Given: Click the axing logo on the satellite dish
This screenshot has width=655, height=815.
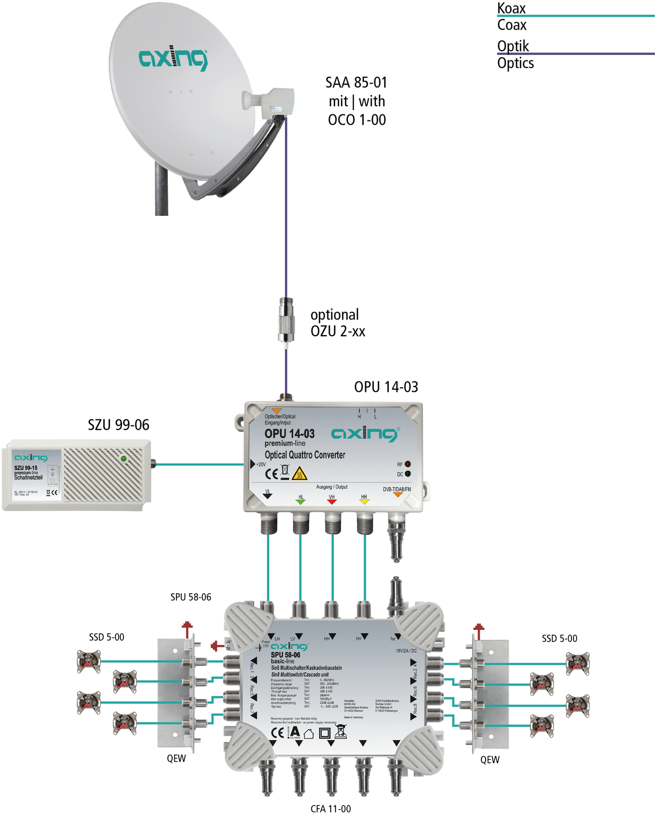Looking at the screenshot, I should click(x=173, y=58).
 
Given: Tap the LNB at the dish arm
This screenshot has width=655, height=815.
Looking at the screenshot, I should click(x=269, y=103).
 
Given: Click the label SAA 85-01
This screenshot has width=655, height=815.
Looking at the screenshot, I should click(x=356, y=83).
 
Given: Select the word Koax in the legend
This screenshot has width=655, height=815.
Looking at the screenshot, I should click(x=511, y=8).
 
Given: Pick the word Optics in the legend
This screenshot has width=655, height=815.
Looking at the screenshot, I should click(x=515, y=63).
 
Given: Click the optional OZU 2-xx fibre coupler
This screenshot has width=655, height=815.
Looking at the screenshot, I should click(x=285, y=321).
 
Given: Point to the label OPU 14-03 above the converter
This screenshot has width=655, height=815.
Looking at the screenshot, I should click(x=386, y=387).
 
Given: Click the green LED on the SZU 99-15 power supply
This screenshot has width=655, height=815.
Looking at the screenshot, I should click(x=124, y=459).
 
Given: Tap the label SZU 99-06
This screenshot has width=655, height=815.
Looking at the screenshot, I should click(x=118, y=425).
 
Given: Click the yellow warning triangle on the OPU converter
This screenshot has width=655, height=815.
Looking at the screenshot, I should click(x=299, y=474).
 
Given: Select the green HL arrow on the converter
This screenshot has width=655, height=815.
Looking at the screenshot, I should click(x=301, y=501).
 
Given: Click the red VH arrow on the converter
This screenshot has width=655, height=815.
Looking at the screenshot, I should click(x=332, y=501).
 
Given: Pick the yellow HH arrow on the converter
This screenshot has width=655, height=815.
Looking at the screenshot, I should click(x=364, y=501).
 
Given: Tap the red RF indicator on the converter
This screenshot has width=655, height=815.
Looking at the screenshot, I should click(x=408, y=464).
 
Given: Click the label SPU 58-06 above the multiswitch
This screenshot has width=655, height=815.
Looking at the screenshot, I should click(x=190, y=597).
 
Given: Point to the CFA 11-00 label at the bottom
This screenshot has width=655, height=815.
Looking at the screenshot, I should click(x=330, y=809).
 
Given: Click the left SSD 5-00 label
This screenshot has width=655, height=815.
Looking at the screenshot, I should click(x=106, y=637).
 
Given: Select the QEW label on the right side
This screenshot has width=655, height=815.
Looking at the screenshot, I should click(x=490, y=760).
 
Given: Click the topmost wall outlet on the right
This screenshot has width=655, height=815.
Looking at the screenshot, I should click(x=577, y=664).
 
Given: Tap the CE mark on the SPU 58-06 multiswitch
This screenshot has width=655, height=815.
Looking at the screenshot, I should click(x=277, y=732).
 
